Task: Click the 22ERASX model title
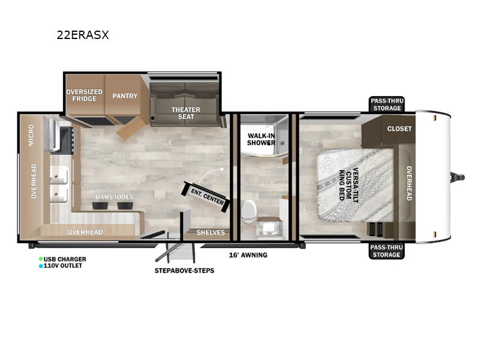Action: tap(83, 35)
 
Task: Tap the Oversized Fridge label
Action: tap(84, 95)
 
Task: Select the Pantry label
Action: tap(125, 96)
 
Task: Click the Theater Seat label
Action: tap(186, 113)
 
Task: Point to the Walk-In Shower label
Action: tap(262, 139)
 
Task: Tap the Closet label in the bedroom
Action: tap(399, 129)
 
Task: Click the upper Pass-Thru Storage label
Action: tap(386, 104)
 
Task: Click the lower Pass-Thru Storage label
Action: tap(386, 251)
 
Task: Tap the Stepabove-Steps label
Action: tap(184, 271)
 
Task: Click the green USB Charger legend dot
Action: tap(41, 259)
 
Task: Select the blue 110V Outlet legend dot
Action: tap(41, 266)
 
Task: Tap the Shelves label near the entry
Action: tap(211, 232)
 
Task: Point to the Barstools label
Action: tap(114, 197)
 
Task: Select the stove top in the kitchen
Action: tap(65, 136)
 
